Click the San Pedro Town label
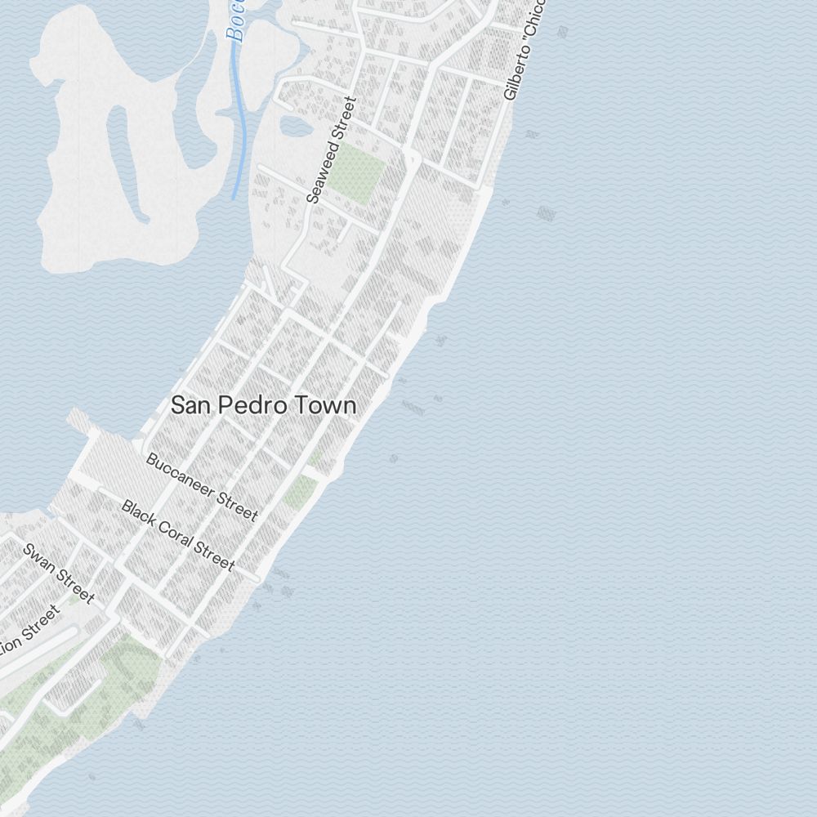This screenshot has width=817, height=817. (263, 405)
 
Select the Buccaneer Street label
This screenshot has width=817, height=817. (202, 487)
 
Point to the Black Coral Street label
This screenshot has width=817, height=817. (178, 535)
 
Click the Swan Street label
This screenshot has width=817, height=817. (60, 574)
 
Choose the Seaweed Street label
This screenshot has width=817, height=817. (333, 150)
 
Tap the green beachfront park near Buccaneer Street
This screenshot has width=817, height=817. (301, 491)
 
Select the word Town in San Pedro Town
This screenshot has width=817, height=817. (327, 405)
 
